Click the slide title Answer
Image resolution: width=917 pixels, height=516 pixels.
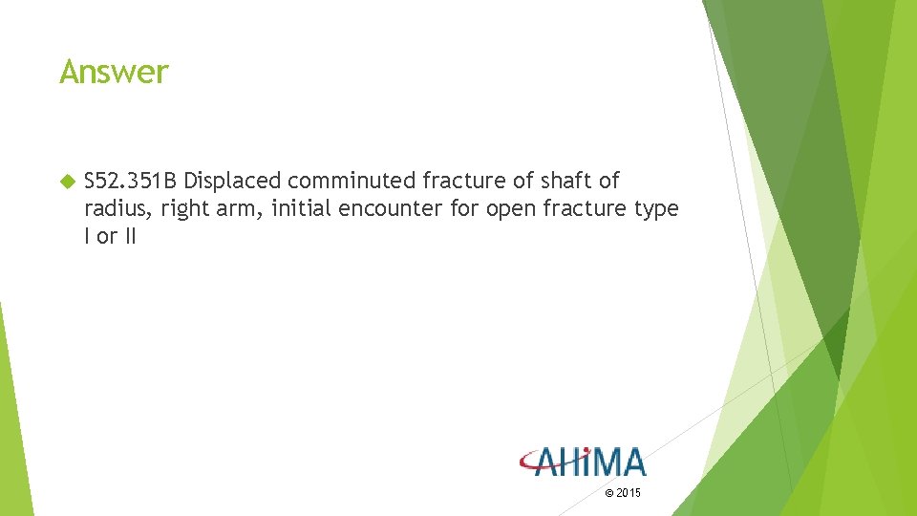click(x=114, y=72)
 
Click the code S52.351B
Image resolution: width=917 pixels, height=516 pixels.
click(x=131, y=181)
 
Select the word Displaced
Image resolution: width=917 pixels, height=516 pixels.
click(x=232, y=181)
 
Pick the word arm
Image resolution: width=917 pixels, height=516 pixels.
click(x=240, y=209)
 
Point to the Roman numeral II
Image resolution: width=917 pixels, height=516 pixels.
click(x=129, y=236)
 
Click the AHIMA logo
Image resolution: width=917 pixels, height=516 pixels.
click(x=583, y=462)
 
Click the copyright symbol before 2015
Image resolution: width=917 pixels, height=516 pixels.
click(x=610, y=493)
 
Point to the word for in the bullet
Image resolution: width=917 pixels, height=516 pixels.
click(x=463, y=208)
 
